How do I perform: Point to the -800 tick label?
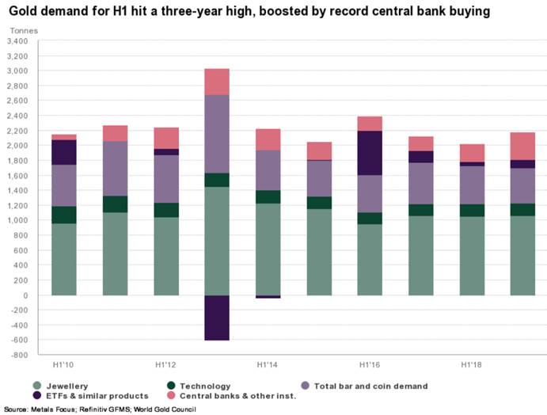pyautogui.click(x=19, y=356)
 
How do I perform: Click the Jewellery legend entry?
pyautogui.click(x=64, y=386)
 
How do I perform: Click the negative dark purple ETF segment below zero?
pyautogui.click(x=217, y=318)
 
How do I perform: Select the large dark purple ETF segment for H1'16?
pyautogui.click(x=370, y=153)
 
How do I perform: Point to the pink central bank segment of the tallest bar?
pyautogui.click(x=217, y=82)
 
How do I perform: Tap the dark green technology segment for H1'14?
pyautogui.click(x=268, y=196)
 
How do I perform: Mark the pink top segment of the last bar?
pyautogui.click(x=523, y=146)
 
